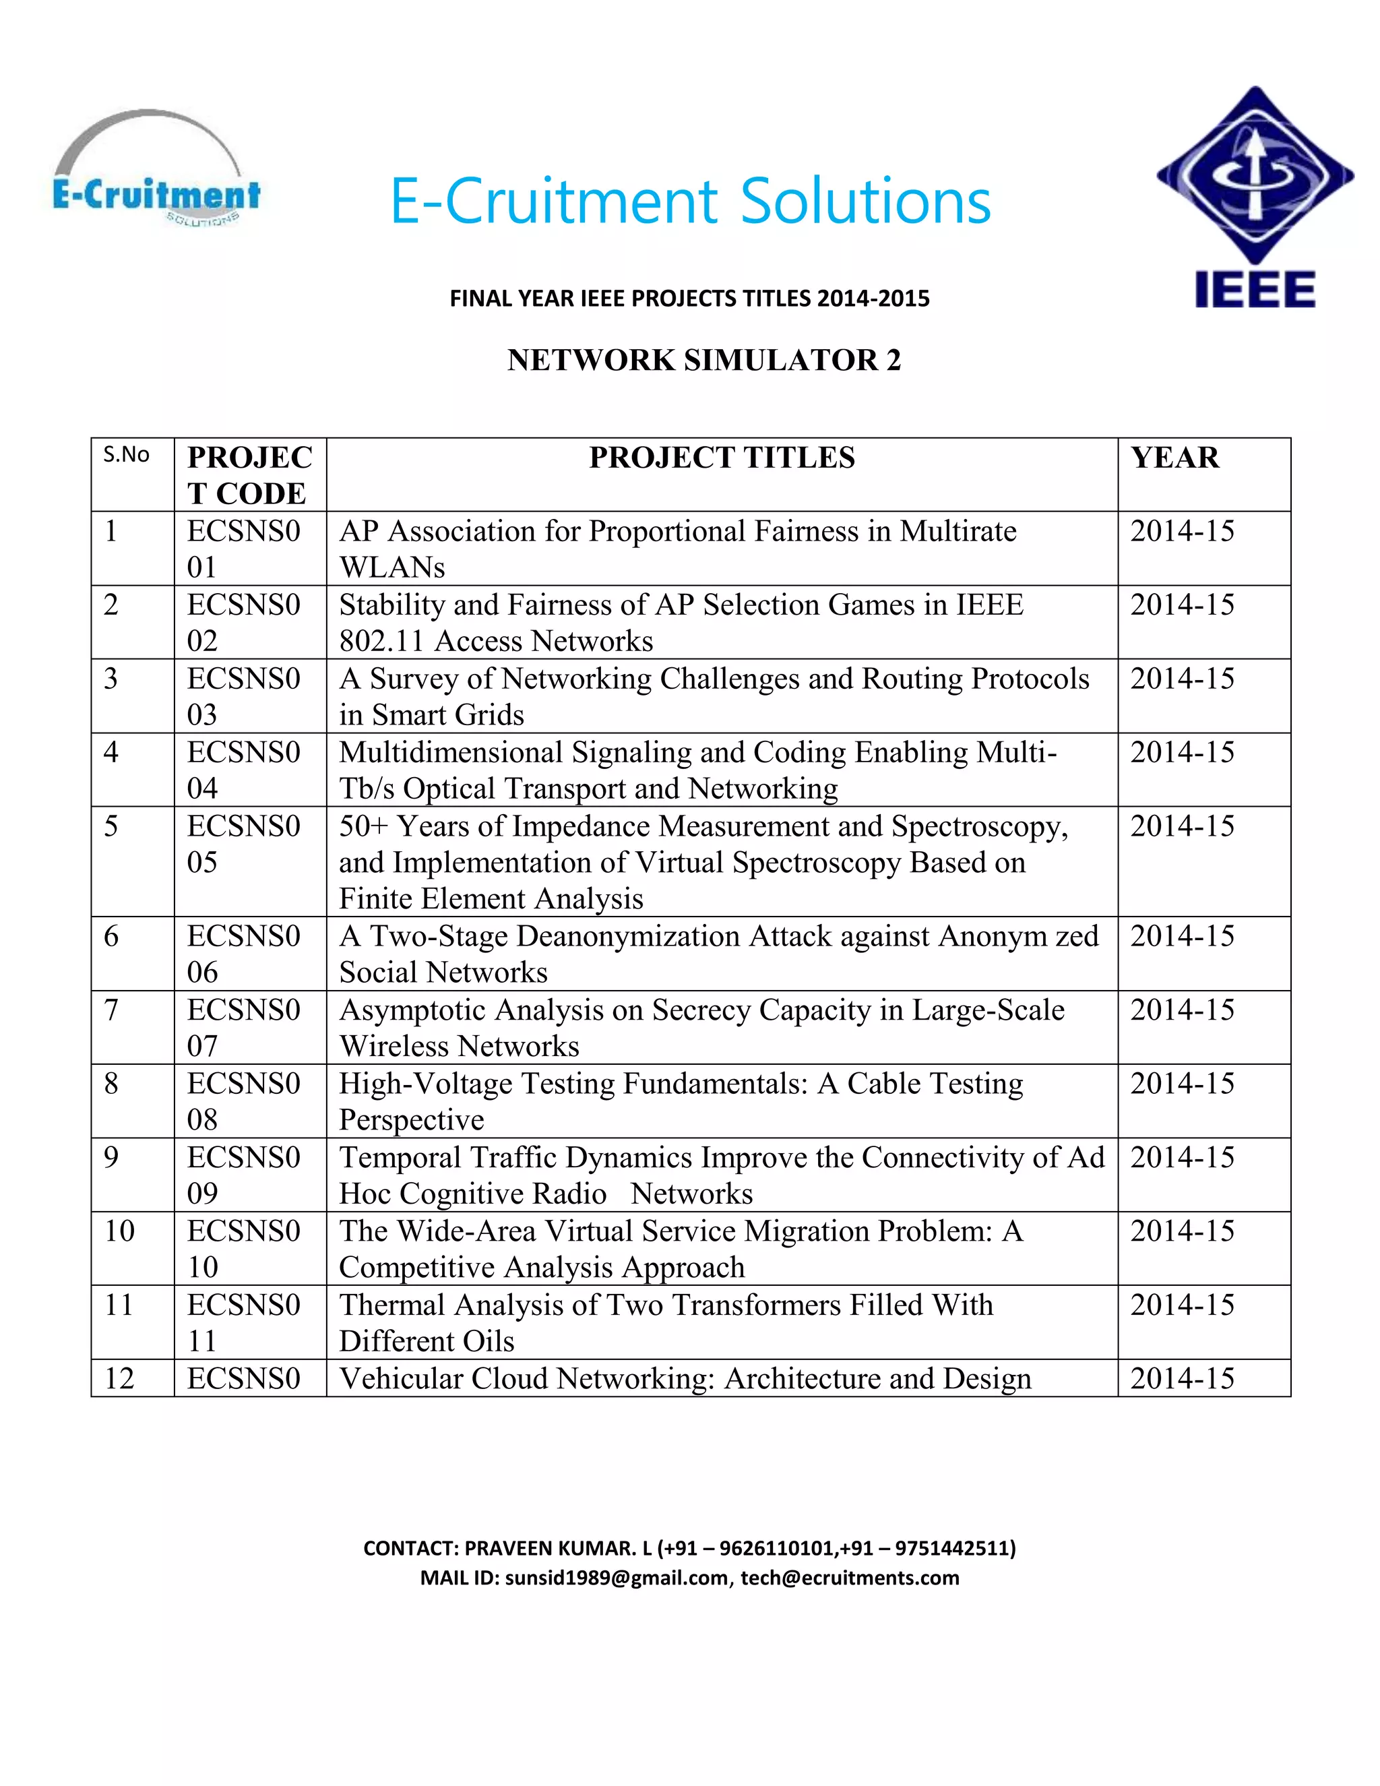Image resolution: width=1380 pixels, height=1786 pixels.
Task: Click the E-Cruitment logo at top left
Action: point(156,172)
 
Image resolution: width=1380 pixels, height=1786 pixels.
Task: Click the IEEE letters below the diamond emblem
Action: point(1255,290)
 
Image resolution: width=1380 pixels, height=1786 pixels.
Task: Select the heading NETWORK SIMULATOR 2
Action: point(703,360)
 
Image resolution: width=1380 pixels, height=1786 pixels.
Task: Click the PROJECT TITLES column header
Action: point(722,458)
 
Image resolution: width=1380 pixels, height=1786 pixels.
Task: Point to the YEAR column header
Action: point(1174,458)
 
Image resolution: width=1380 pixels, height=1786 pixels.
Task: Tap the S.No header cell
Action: point(126,455)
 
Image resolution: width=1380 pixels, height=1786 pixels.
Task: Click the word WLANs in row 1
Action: point(391,567)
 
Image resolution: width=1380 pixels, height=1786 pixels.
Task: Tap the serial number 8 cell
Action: point(111,1084)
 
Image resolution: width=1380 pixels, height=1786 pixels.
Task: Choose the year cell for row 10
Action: point(1182,1231)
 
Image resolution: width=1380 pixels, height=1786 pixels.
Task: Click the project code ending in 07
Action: point(244,1027)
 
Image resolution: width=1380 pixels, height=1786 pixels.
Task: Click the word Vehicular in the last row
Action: point(401,1378)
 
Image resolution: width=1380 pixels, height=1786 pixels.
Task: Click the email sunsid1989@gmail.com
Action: point(617,1578)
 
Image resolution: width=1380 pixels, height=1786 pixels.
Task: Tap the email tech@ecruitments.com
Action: point(850,1578)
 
